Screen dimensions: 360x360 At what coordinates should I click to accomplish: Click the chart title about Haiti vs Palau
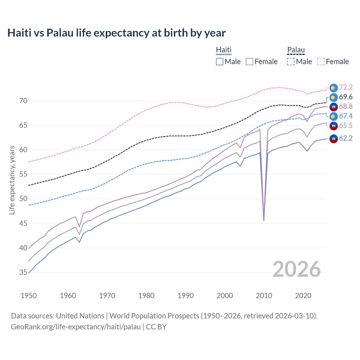coord(116,33)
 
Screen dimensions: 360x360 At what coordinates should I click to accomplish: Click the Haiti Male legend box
coord(220,62)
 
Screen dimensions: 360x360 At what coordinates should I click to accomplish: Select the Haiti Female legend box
coord(249,62)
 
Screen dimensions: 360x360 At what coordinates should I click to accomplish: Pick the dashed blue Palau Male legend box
coord(291,62)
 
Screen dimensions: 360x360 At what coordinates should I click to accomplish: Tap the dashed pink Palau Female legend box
coord(321,62)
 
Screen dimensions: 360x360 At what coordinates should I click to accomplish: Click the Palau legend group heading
coord(296,50)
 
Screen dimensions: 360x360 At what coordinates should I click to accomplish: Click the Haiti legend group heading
coord(224,50)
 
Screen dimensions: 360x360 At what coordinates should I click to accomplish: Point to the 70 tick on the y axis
coord(23,101)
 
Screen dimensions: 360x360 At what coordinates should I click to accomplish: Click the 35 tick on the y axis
coord(23,272)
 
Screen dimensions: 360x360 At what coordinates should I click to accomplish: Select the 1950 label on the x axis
coord(29,296)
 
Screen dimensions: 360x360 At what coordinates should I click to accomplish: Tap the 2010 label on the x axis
coord(264,296)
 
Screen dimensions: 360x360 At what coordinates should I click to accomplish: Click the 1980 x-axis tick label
coord(146,296)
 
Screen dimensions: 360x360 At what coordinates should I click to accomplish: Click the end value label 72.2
coord(346,87)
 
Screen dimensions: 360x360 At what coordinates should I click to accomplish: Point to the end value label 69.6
coord(346,97)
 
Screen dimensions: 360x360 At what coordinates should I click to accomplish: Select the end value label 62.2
coord(346,138)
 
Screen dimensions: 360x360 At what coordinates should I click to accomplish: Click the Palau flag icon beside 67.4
coord(333,116)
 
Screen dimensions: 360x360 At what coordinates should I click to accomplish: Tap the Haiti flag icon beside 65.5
coord(333,126)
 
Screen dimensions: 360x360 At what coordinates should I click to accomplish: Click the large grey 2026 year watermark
coord(296,269)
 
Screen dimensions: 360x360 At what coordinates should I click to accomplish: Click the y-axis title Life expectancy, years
coord(12,180)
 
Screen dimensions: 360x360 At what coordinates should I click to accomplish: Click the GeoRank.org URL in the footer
coord(76,327)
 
